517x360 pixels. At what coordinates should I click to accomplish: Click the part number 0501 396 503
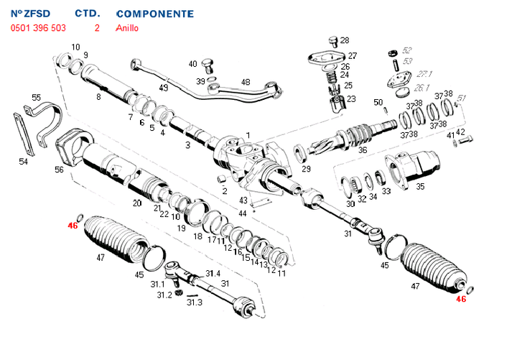pos(38,29)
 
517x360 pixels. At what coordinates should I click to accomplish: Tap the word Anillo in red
pos(127,29)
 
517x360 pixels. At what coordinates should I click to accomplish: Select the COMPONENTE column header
pos(154,14)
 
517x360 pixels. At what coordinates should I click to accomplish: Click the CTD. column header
pos(87,14)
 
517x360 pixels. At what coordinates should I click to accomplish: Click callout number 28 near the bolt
pos(345,40)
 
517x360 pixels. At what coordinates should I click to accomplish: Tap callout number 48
pos(246,82)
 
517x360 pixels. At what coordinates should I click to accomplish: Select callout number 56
pos(59,170)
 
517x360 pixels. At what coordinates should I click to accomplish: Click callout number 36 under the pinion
pos(363,151)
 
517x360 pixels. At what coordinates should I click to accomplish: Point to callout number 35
pos(420,186)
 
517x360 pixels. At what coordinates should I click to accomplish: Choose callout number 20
pos(136,203)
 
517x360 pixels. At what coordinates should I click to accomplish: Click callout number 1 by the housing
pos(248,135)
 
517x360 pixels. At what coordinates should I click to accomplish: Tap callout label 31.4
pos(213,274)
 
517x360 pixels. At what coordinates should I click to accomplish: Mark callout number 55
pos(37,98)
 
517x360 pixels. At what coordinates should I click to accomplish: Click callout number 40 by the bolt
pos(192,64)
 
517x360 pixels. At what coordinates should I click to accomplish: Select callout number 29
pos(306,170)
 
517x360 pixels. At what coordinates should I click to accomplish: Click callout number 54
pos(23,162)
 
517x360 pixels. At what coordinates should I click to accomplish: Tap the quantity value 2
pos(96,29)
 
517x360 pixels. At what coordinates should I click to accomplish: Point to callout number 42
pos(461,131)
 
